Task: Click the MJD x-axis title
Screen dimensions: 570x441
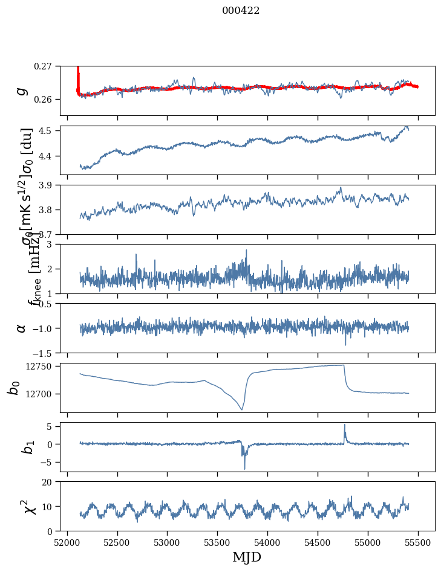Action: click(247, 557)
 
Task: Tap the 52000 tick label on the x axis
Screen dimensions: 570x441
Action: click(67, 541)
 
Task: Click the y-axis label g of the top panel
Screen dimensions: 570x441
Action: click(22, 90)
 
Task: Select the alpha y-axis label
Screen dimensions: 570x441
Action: click(22, 328)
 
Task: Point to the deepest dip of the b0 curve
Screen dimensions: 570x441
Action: click(241, 409)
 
